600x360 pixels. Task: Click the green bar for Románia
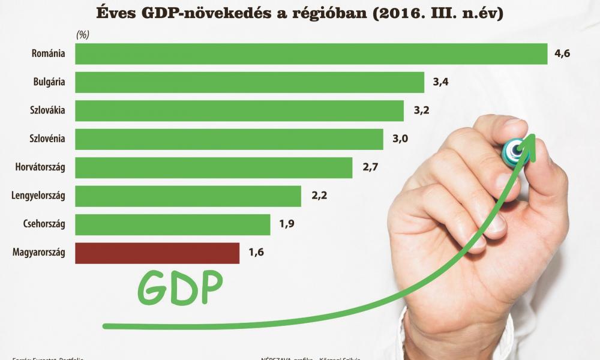(311, 54)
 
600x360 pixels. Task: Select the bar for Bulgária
(249, 82)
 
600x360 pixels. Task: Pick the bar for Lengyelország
(188, 196)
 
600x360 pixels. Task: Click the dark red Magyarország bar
(157, 253)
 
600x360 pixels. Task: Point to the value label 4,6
(562, 54)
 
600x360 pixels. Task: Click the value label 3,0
(400, 139)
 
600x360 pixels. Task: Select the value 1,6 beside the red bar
(256, 253)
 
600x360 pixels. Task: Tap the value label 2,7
(370, 167)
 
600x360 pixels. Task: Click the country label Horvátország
(40, 168)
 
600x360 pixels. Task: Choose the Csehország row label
(44, 225)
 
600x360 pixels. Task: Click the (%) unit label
(83, 35)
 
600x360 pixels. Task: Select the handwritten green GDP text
(180, 288)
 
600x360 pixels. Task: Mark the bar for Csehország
(173, 225)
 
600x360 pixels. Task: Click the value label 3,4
(440, 82)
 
